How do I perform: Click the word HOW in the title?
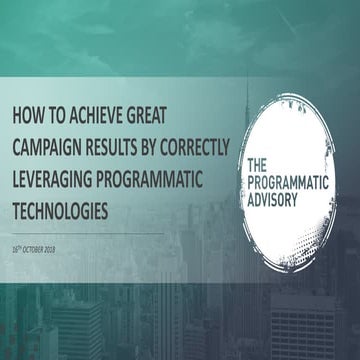pos(27,115)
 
